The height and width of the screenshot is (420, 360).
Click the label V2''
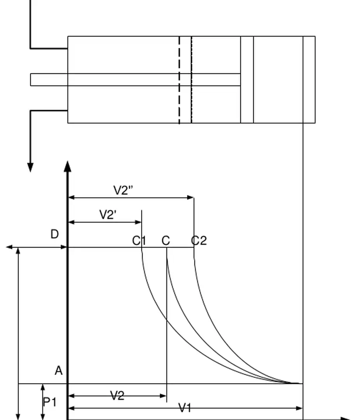[124, 191]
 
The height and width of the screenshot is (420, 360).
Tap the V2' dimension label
[108, 215]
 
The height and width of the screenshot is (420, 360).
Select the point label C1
[139, 241]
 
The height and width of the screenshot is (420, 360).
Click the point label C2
[199, 241]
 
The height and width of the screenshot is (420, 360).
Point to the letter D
[55, 234]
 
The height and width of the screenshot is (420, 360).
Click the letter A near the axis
[58, 371]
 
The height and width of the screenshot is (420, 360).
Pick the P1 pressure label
[49, 402]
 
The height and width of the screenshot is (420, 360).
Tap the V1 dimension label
[185, 408]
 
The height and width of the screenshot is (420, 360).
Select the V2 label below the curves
[117, 396]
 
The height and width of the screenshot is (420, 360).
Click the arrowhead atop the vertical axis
[68, 166]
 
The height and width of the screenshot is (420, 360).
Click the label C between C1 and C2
[166, 241]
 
